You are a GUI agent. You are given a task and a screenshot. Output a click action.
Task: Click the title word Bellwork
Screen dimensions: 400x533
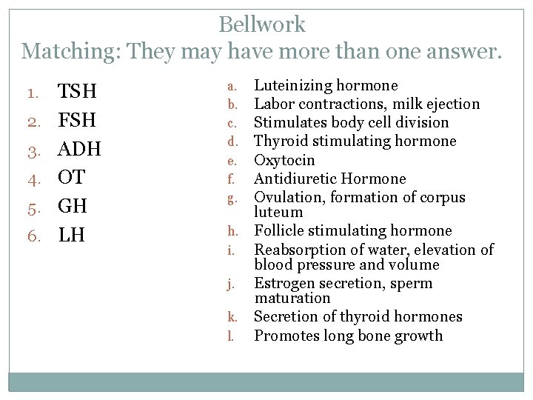(x=262, y=24)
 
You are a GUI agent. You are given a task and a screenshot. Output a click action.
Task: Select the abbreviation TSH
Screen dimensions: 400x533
(x=78, y=92)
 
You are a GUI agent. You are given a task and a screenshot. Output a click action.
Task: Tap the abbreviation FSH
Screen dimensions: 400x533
(x=78, y=121)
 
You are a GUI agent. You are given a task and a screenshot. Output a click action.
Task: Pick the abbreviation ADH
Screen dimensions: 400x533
(x=80, y=149)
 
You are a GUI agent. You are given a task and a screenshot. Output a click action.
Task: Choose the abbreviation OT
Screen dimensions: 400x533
(x=72, y=178)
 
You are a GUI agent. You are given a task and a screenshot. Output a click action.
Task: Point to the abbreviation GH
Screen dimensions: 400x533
(x=73, y=206)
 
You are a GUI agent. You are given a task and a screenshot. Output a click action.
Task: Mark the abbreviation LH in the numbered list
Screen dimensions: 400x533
(x=72, y=235)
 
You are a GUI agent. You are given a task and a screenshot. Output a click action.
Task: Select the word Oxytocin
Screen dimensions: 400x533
(x=284, y=160)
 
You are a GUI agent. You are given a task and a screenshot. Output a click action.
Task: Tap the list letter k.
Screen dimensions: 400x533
(x=231, y=318)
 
